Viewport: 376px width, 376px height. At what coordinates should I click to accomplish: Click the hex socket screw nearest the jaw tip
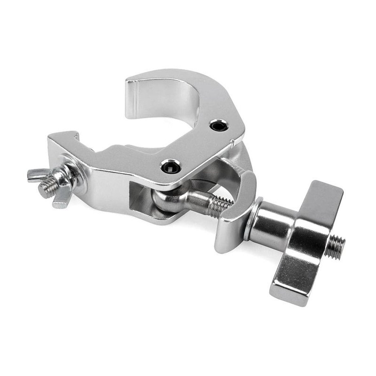218,125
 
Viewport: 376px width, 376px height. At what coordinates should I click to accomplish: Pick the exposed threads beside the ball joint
219,206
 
